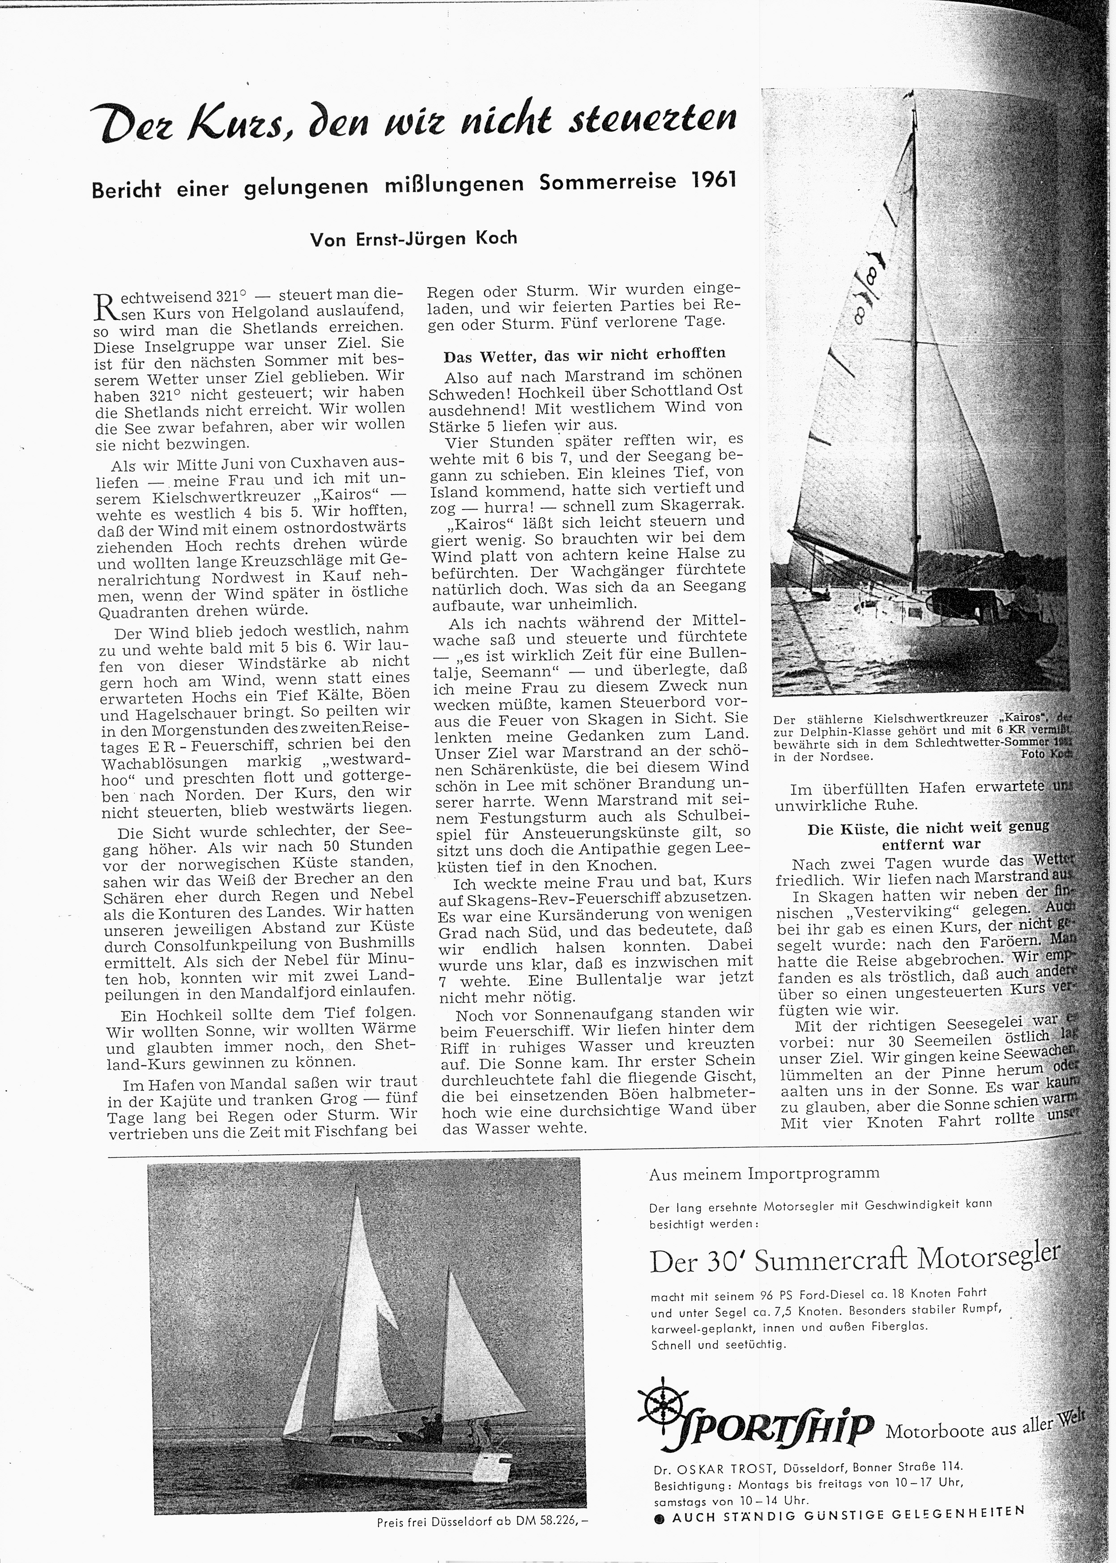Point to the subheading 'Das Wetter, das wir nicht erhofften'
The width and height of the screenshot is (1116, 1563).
pyautogui.click(x=584, y=354)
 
